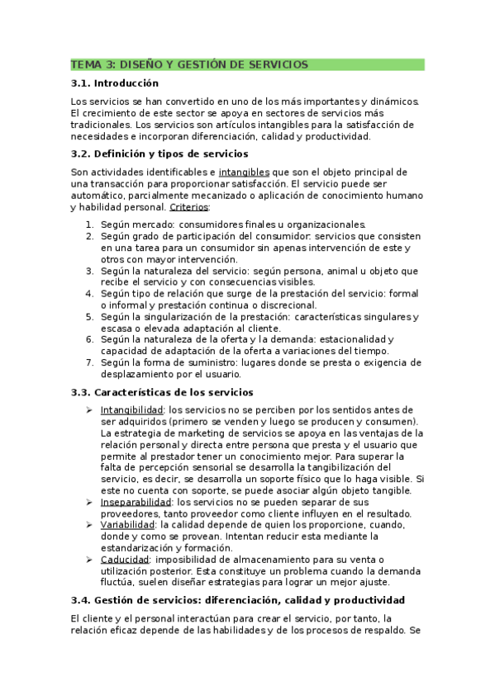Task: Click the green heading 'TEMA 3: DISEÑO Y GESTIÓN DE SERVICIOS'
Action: [190, 64]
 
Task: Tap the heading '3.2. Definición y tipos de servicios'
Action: [159, 154]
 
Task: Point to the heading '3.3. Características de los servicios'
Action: [162, 392]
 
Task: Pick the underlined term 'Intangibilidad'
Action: [131, 409]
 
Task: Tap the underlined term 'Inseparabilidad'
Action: [136, 502]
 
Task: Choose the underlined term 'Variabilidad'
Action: [128, 524]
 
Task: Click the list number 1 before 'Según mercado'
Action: [90, 225]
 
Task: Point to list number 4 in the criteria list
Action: [90, 294]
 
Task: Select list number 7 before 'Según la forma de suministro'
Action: [90, 362]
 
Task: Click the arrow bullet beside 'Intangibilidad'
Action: [89, 409]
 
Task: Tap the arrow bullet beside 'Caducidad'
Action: [89, 560]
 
